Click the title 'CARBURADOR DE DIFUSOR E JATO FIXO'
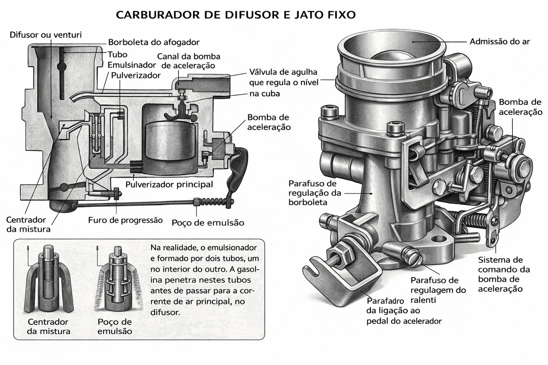[x=236, y=15]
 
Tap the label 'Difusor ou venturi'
[x=45, y=34]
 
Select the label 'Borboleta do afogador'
[x=154, y=42]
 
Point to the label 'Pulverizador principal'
[x=169, y=184]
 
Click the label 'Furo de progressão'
[x=125, y=220]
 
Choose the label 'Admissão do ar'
[x=500, y=42]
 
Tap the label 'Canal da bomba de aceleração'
[x=188, y=61]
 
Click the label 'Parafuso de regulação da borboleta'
[x=313, y=193]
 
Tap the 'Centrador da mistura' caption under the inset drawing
[x=48, y=326]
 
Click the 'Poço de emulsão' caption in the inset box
[x=115, y=326]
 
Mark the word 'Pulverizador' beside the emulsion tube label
[x=136, y=75]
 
